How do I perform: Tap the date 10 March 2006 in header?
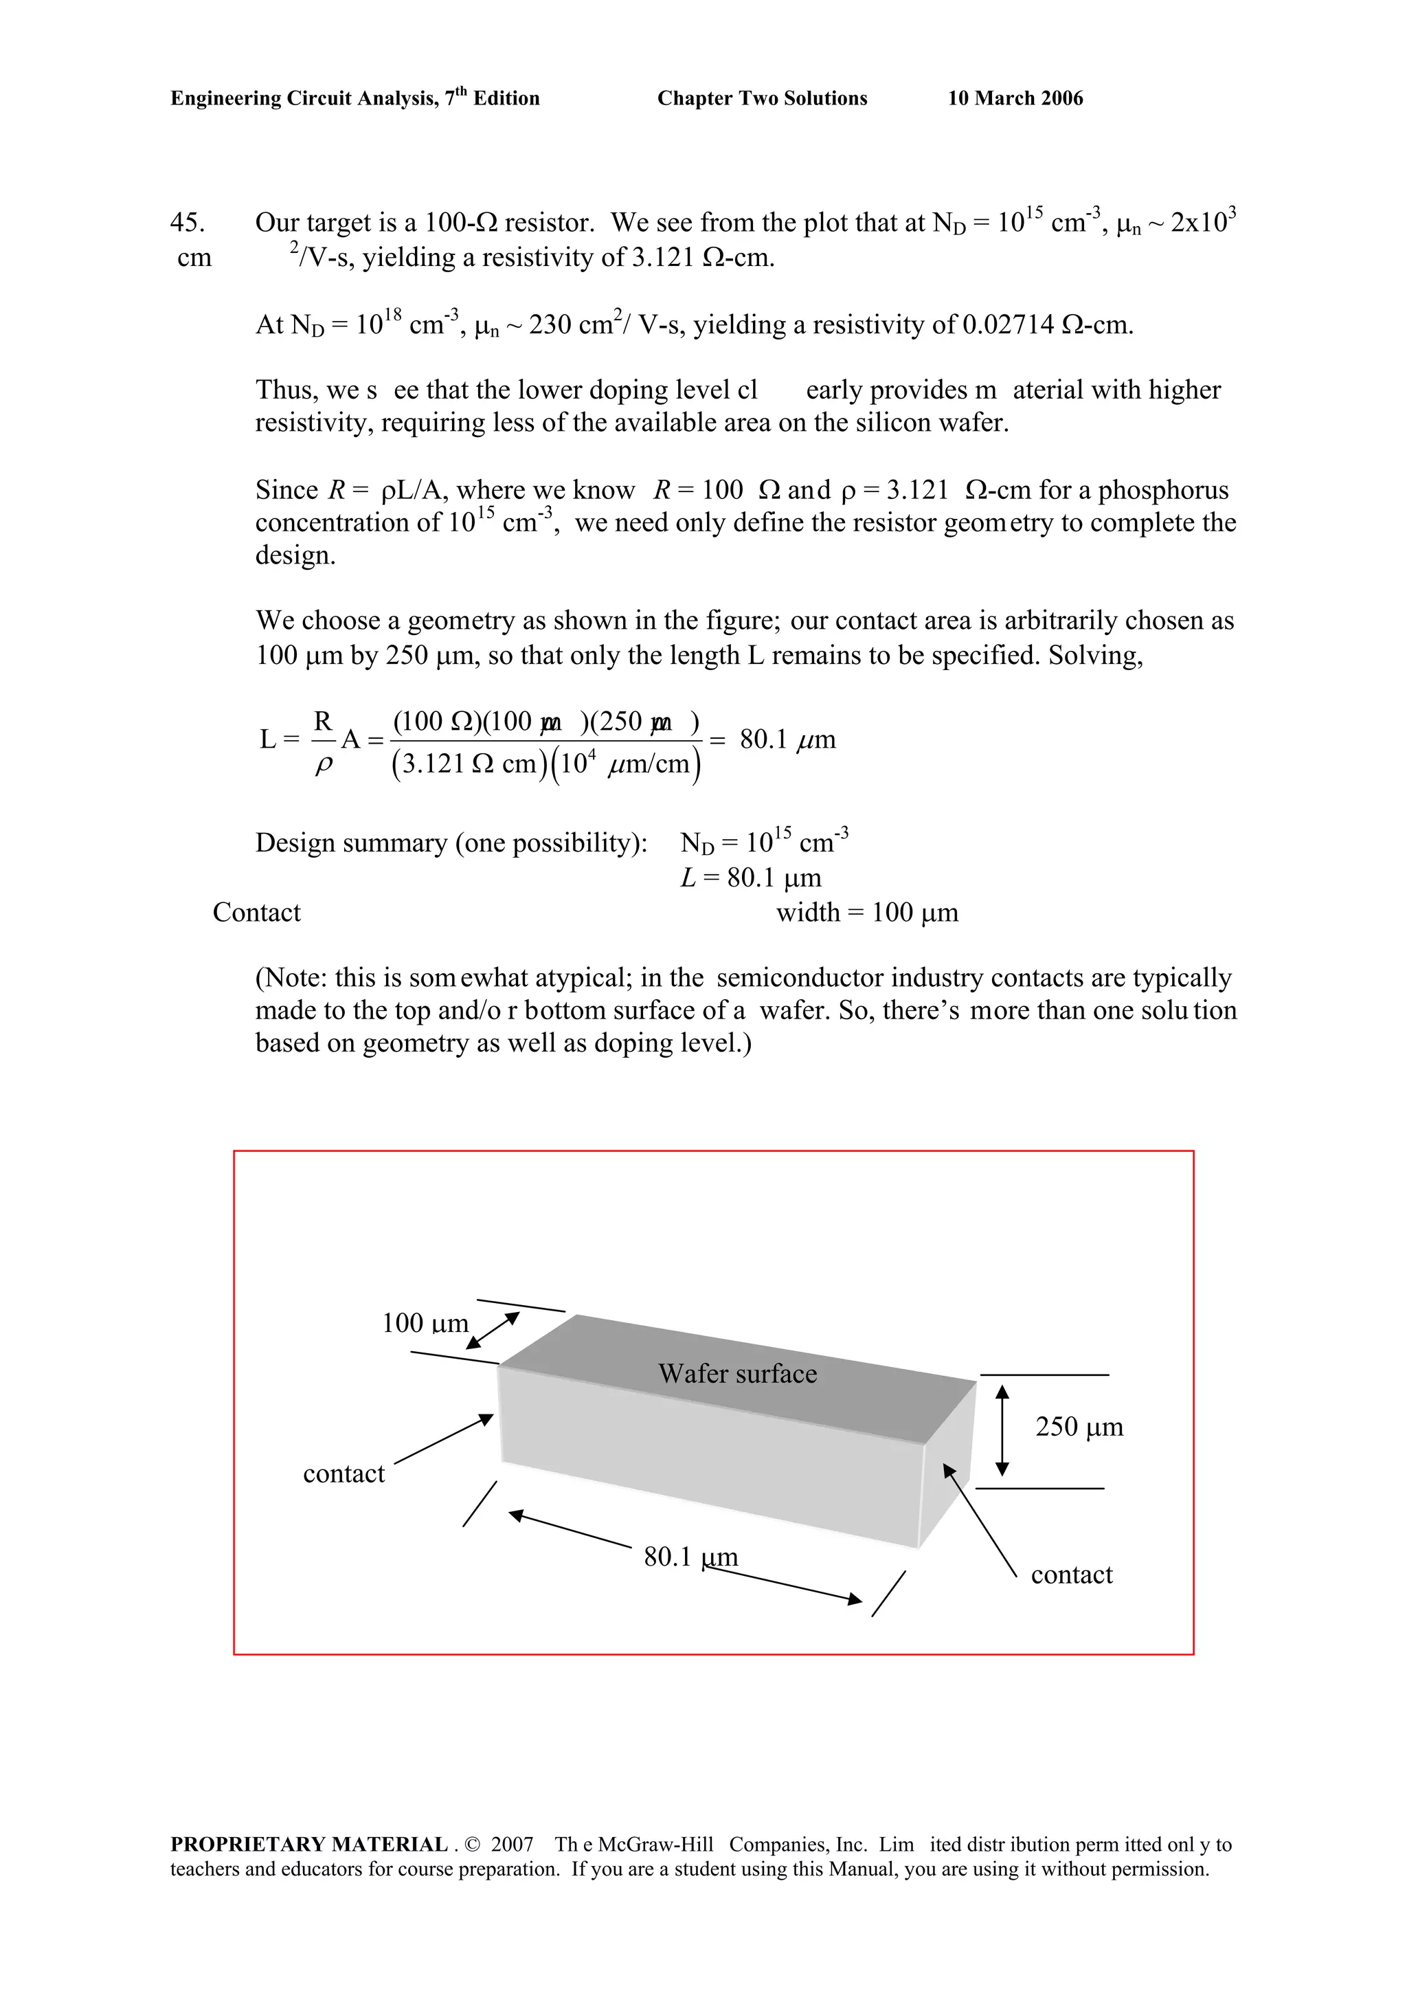click(1015, 98)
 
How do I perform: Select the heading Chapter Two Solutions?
click(762, 98)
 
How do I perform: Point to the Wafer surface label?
click(737, 1374)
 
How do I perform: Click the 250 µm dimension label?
click(1079, 1427)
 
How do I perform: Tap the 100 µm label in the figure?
click(425, 1323)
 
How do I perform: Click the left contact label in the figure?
click(344, 1473)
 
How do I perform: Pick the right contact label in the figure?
click(1070, 1574)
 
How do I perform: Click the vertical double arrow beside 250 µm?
click(1002, 1431)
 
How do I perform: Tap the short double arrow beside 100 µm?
click(493, 1331)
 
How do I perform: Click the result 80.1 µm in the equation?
click(787, 739)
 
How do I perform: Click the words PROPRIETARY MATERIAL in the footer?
click(308, 1845)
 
